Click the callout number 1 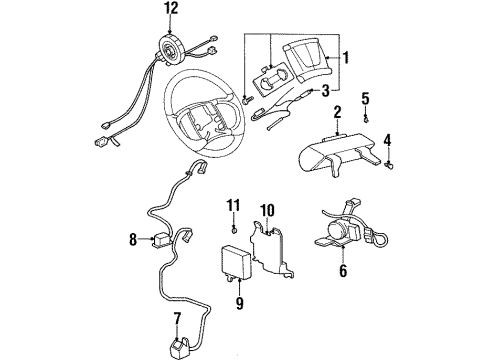coord(346,58)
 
